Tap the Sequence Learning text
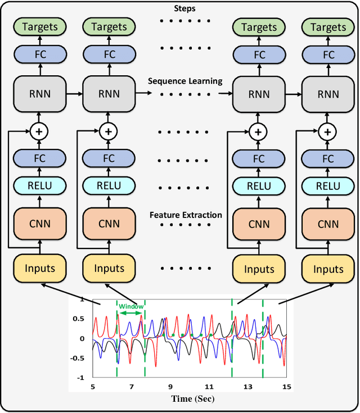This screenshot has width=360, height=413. coord(185,81)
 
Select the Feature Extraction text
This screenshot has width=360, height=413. coord(185,215)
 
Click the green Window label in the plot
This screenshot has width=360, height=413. coord(130,306)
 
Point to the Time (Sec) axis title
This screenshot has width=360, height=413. coord(186,399)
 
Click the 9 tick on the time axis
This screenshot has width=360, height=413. coord(170,387)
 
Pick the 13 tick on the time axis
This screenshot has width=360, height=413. coord(247,387)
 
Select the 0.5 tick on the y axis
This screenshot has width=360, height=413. coord(80,319)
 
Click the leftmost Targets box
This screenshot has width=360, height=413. coord(40,27)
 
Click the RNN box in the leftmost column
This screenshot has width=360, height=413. coord(40,93)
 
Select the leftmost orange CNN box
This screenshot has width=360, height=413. coord(40,224)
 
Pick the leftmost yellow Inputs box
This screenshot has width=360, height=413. coord(40,268)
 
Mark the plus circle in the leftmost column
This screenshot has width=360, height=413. coord(40,131)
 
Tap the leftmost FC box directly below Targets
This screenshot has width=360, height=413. coord(40,55)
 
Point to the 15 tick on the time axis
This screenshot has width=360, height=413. coord(286,387)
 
